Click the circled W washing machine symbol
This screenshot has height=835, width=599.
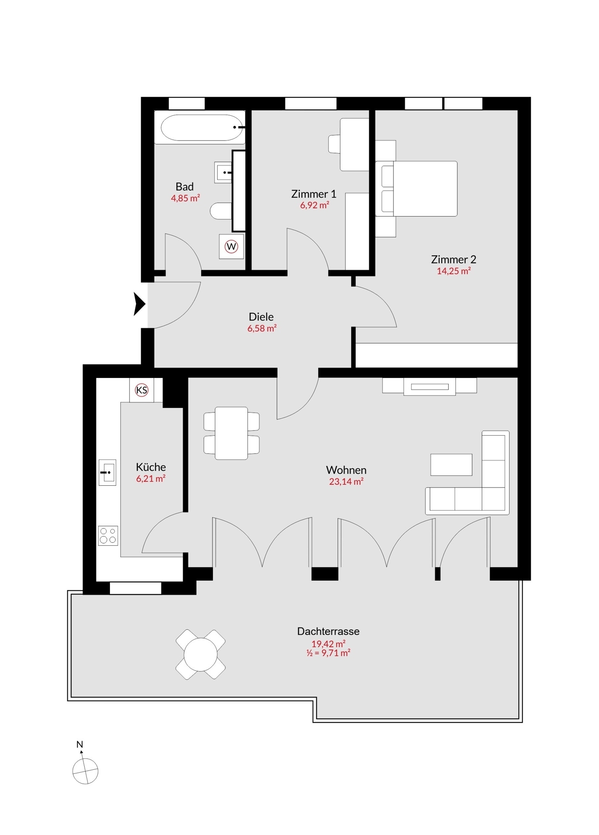click(x=232, y=247)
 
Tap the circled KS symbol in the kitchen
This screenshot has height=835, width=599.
click(x=142, y=390)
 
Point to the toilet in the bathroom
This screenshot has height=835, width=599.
click(x=221, y=211)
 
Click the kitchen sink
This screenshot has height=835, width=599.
click(x=107, y=472)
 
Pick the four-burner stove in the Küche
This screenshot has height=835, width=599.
click(x=108, y=535)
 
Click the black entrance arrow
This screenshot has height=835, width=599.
click(x=139, y=304)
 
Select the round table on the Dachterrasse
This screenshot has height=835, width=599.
click(x=201, y=654)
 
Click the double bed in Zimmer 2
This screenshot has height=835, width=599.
click(x=416, y=189)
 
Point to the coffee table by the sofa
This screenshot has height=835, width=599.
click(x=451, y=464)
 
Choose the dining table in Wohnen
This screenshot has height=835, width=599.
click(x=232, y=433)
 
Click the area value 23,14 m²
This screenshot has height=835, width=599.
click(x=346, y=481)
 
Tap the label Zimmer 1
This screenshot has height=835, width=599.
click(x=314, y=194)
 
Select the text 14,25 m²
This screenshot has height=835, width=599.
click(x=454, y=271)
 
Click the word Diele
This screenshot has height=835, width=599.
click(x=261, y=317)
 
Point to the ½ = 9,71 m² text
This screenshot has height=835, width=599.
click(x=328, y=653)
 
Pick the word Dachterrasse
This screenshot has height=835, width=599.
click(x=328, y=631)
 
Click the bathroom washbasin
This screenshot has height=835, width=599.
click(x=224, y=172)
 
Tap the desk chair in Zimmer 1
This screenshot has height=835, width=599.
click(x=334, y=144)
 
